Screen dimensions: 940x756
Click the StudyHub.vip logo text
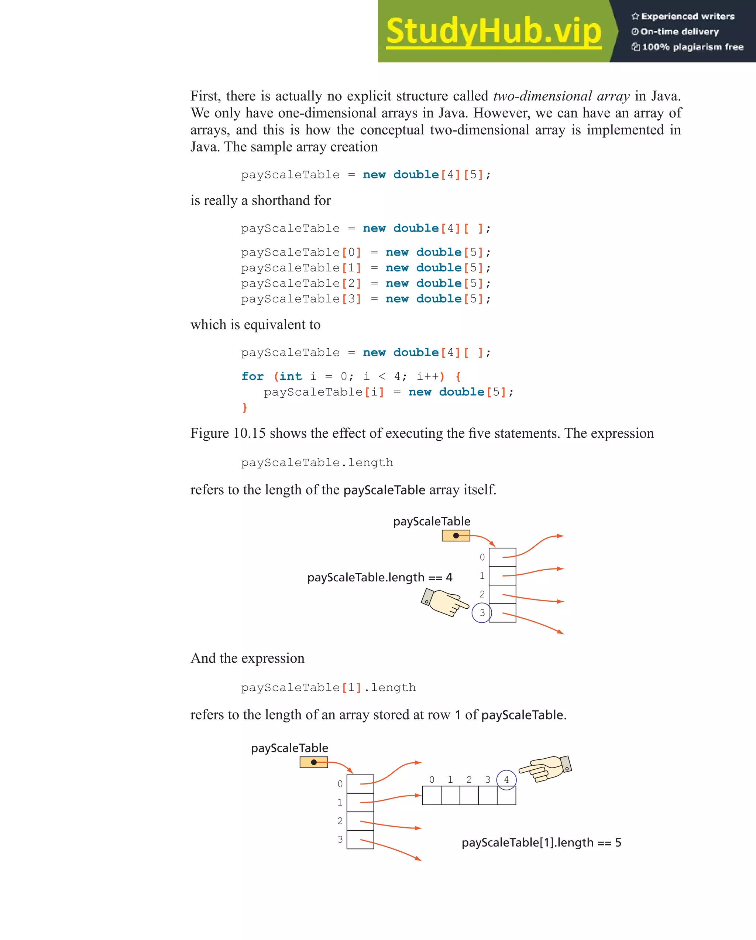pos(493,31)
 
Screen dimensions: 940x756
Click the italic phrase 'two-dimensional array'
pos(561,96)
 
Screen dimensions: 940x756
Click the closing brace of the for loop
pos(244,408)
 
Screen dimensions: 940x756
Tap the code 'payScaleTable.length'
pos(317,462)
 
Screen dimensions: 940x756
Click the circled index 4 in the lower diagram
pos(506,780)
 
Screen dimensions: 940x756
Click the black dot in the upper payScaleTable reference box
pos(456,536)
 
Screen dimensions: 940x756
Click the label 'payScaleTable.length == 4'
pos(379,577)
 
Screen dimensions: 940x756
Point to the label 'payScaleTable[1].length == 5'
pos(541,842)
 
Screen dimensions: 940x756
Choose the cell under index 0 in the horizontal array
pos(432,796)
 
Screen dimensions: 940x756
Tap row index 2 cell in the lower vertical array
pos(360,821)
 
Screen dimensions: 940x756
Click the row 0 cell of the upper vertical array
pos(502,557)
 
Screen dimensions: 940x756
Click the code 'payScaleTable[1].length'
pos(328,688)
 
